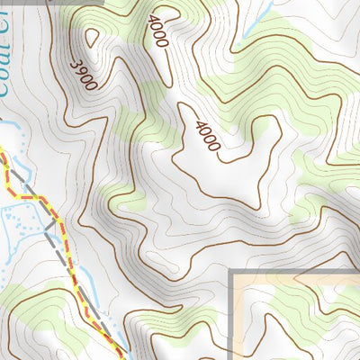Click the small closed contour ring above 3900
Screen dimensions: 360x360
click(x=92, y=38)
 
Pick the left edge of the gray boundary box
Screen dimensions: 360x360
click(x=233, y=315)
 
